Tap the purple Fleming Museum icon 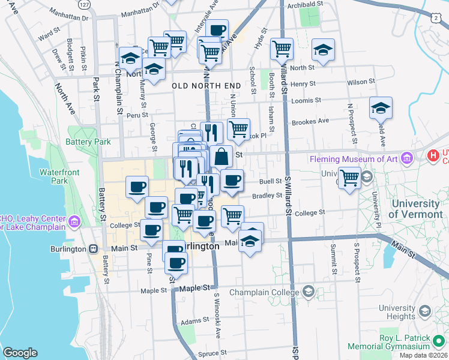pos(408,158)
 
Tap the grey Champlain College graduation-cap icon pos(309,291)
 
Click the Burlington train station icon pos(94,248)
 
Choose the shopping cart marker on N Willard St pos(282,49)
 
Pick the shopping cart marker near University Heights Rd pos(349,178)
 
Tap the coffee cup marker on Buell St pos(232,180)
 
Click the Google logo pos(20,353)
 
